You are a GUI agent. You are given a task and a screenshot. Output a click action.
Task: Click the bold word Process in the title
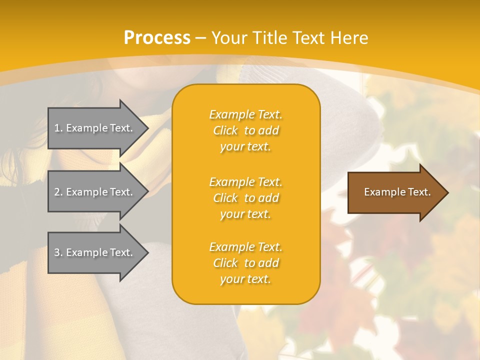157,38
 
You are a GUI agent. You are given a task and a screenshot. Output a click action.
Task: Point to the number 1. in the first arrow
58,128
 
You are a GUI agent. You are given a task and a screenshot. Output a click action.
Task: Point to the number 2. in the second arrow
58,192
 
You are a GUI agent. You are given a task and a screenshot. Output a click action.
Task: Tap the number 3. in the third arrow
58,252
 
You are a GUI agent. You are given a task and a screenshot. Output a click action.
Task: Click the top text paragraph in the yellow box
245,130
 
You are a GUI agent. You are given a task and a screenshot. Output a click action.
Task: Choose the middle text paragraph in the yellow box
245,198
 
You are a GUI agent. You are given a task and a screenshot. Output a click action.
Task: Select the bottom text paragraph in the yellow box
245,263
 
